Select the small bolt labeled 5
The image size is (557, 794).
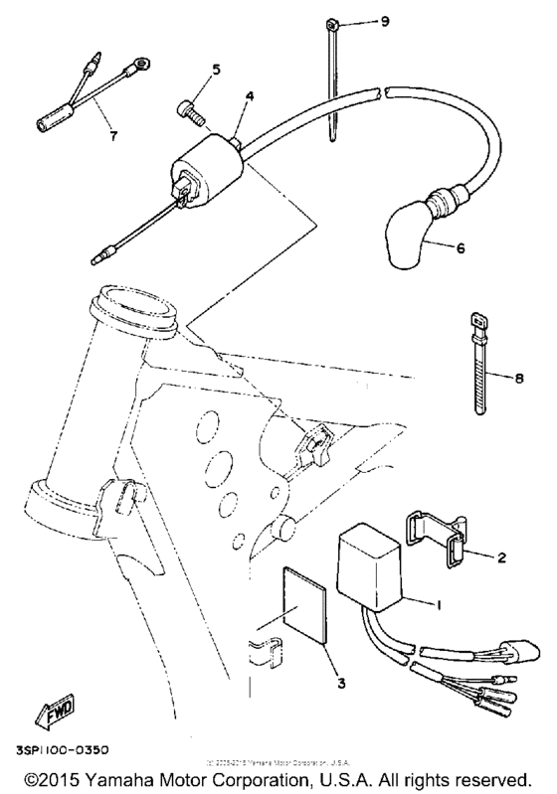coord(191,111)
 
